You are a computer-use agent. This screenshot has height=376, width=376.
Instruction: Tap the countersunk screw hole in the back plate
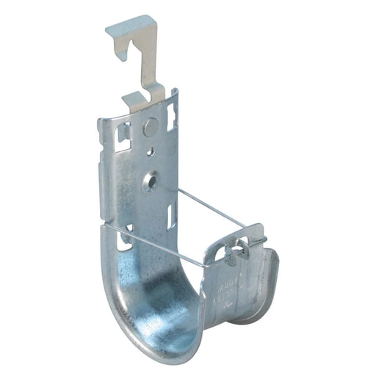152,178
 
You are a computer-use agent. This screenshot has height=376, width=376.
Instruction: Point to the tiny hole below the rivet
151,153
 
